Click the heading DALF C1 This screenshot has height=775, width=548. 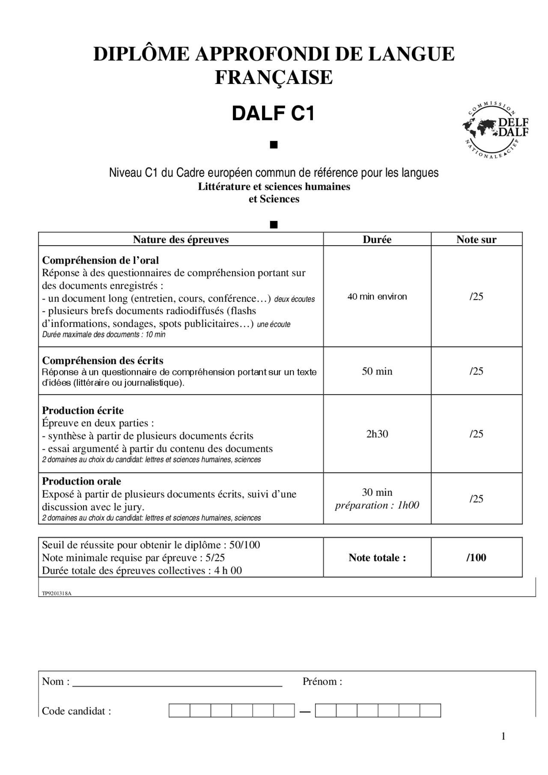[273, 114]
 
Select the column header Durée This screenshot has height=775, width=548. [377, 239]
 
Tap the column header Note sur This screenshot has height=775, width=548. [476, 239]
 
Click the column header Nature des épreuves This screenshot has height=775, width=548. [181, 239]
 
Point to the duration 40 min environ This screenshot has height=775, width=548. [377, 297]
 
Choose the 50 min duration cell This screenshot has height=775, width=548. [377, 371]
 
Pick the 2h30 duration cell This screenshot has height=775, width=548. [377, 434]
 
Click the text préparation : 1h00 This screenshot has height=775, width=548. [377, 505]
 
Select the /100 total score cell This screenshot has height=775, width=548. [476, 557]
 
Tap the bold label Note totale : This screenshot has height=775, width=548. [377, 557]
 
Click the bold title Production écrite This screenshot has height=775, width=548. [83, 410]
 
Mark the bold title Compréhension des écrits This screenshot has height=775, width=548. [103, 360]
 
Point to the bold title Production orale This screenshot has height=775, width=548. [81, 481]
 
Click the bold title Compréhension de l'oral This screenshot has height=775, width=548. [100, 260]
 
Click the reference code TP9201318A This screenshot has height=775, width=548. [57, 594]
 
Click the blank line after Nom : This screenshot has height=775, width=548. [177, 682]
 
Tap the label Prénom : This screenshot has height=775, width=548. [322, 681]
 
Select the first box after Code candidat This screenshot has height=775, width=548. [179, 711]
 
